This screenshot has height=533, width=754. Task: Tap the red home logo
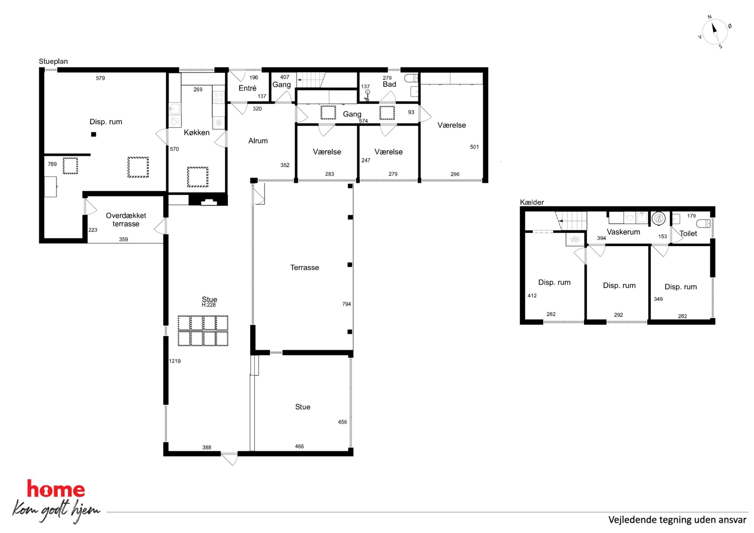(56, 489)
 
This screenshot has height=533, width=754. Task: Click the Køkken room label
(196, 133)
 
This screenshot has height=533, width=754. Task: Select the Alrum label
(258, 141)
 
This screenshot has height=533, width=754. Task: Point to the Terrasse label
(304, 267)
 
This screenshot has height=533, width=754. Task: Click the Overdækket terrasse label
(126, 220)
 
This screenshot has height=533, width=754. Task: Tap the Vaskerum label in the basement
(623, 232)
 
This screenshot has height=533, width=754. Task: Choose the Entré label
(247, 88)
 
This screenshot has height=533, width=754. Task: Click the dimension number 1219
(175, 361)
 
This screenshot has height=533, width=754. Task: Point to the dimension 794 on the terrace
(347, 304)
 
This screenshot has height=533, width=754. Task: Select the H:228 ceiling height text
(209, 305)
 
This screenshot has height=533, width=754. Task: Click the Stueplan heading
(53, 62)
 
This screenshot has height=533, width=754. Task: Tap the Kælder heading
(532, 202)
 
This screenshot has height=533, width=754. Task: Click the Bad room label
(389, 84)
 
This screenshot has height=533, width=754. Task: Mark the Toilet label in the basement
(688, 234)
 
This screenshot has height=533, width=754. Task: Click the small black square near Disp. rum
(93, 134)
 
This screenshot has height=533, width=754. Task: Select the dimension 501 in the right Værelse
(474, 147)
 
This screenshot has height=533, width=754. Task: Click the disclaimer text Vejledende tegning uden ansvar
(677, 520)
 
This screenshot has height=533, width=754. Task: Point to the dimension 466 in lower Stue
(299, 446)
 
